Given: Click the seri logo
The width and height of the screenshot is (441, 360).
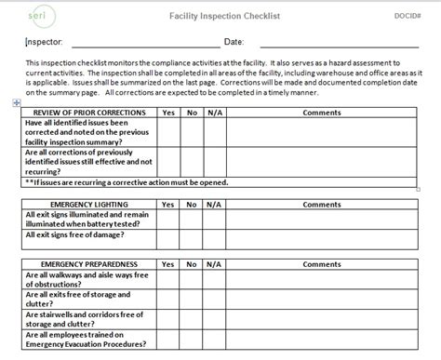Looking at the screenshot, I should [x=34, y=16].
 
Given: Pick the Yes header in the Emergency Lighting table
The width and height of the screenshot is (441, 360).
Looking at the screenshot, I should [x=168, y=204].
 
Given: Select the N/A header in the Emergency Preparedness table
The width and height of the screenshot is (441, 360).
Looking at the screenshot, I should [x=214, y=264].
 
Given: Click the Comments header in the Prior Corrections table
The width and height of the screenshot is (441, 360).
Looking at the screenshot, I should [x=322, y=113].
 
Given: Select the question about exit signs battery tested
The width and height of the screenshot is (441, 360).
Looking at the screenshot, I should [x=88, y=220].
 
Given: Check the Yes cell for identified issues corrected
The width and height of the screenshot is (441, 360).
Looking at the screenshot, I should [x=168, y=133].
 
